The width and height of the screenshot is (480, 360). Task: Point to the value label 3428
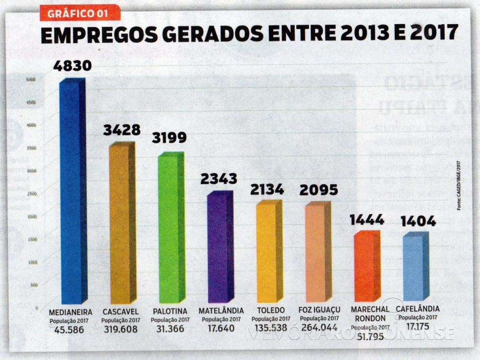tap(121, 130)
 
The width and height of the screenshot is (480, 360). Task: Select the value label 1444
tap(366, 220)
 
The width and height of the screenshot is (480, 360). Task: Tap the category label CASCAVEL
tap(120, 312)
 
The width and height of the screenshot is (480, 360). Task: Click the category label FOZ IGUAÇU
tap(319, 311)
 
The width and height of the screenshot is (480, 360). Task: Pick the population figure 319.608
tap(120, 329)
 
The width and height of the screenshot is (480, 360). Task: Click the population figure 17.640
tap(221, 329)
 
